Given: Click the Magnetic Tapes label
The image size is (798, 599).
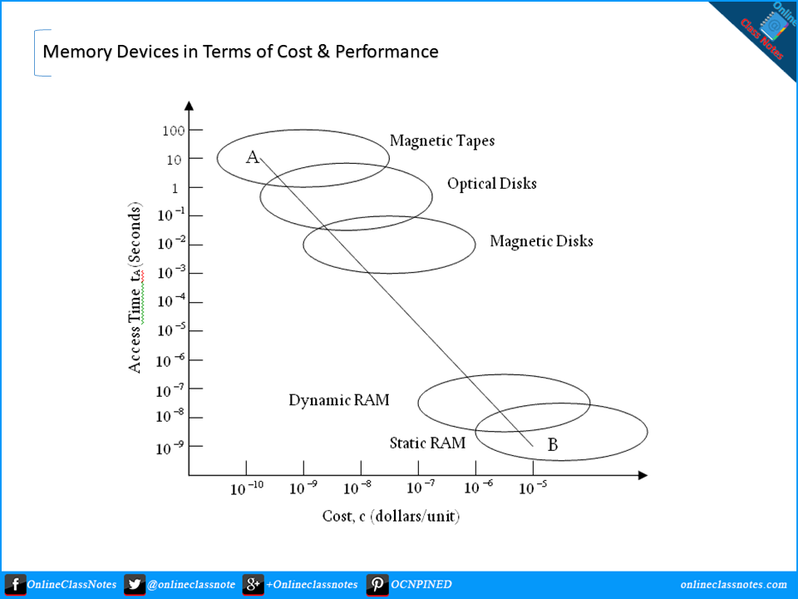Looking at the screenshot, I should [x=442, y=141].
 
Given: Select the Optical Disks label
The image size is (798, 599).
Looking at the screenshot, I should [x=492, y=183].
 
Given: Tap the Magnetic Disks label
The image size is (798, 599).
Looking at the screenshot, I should [x=542, y=241].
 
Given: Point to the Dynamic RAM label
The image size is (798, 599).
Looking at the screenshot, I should [x=339, y=400].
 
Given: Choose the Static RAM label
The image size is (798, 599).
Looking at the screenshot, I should [x=427, y=443].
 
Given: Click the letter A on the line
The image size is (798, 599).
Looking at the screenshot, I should [x=253, y=156].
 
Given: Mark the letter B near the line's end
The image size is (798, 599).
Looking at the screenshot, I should [x=553, y=446].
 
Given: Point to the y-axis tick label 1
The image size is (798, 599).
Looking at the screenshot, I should [x=175, y=188].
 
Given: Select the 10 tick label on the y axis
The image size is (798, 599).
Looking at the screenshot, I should [x=173, y=159].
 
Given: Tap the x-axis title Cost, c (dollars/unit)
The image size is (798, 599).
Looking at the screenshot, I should [x=391, y=517].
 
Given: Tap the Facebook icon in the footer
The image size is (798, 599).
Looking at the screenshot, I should [x=15, y=585].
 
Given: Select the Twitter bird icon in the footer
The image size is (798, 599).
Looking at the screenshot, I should [x=135, y=585].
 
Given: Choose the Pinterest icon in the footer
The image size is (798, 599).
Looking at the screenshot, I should [x=377, y=585].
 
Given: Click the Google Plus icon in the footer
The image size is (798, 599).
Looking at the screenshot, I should [x=254, y=585].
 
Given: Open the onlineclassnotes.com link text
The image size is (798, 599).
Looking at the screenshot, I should [x=733, y=585].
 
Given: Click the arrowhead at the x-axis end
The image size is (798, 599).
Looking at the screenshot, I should [x=642, y=475].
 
